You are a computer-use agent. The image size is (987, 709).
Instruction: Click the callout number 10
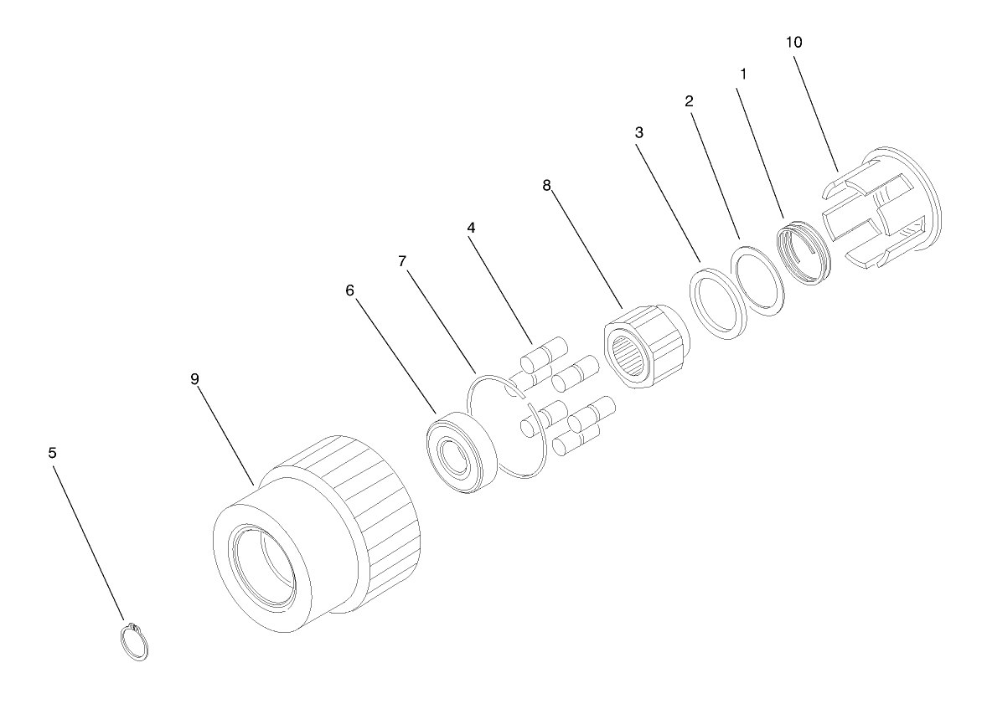click(x=793, y=42)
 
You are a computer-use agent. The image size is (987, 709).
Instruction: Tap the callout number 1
click(x=743, y=74)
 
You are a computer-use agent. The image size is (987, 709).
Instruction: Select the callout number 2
click(x=690, y=100)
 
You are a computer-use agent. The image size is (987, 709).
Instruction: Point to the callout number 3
click(x=639, y=133)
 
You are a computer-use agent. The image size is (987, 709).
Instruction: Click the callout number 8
click(x=546, y=185)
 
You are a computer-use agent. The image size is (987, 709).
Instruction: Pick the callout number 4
click(x=471, y=227)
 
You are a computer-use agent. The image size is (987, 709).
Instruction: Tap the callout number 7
click(x=403, y=261)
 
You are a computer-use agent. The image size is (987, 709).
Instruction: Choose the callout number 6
click(x=350, y=290)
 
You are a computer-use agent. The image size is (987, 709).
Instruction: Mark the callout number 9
click(x=194, y=379)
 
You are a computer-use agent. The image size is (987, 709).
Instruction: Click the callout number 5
click(x=52, y=453)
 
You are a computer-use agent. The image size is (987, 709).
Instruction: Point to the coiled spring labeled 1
click(x=801, y=254)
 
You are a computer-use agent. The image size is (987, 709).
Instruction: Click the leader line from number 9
click(x=226, y=437)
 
